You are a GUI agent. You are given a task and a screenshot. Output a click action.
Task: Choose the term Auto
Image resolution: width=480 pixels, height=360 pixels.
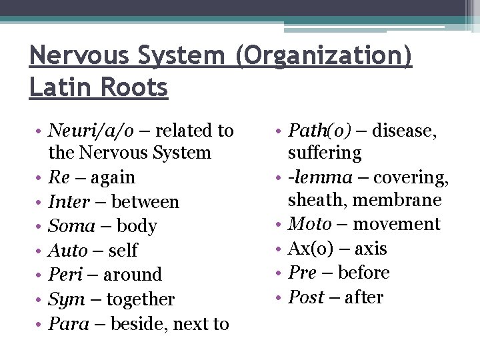tap(67, 251)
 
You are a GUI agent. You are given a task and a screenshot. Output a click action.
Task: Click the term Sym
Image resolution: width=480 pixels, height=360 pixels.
tap(66, 300)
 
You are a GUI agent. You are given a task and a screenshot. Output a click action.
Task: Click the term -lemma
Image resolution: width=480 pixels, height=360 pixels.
tap(321, 178)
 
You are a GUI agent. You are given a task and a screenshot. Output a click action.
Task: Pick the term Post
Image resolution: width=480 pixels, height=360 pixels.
tap(306, 297)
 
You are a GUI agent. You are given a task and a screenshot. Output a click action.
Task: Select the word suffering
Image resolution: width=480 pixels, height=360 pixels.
tap(325, 153)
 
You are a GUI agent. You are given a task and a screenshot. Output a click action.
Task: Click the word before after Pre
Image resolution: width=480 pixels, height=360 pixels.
tap(364, 273)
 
